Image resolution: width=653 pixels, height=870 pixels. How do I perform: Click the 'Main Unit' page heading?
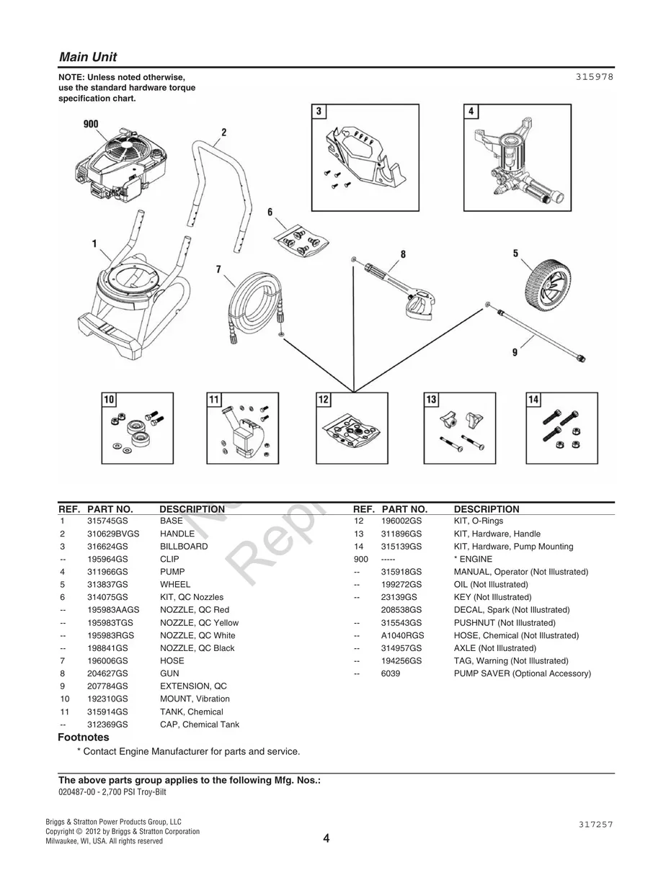click(87, 57)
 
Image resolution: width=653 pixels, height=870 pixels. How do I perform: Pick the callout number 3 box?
click(319, 112)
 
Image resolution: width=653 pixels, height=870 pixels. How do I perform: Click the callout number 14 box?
click(533, 400)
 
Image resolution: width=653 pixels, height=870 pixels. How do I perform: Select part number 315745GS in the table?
click(107, 521)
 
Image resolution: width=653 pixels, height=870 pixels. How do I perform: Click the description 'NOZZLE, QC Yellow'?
click(199, 623)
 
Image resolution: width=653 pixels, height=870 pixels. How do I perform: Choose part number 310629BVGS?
click(113, 534)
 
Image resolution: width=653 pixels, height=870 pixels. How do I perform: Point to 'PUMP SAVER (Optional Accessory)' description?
click(522, 674)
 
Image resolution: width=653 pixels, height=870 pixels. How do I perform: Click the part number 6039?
click(390, 674)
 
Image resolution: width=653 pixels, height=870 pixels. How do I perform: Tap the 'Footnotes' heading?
click(84, 737)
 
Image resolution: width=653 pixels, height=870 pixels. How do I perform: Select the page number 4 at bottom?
click(326, 838)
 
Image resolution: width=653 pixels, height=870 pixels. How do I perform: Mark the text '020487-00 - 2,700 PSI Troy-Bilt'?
click(117, 791)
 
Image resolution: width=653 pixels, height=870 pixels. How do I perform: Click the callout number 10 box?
click(109, 400)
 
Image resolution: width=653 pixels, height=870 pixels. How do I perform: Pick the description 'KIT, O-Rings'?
click(479, 521)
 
